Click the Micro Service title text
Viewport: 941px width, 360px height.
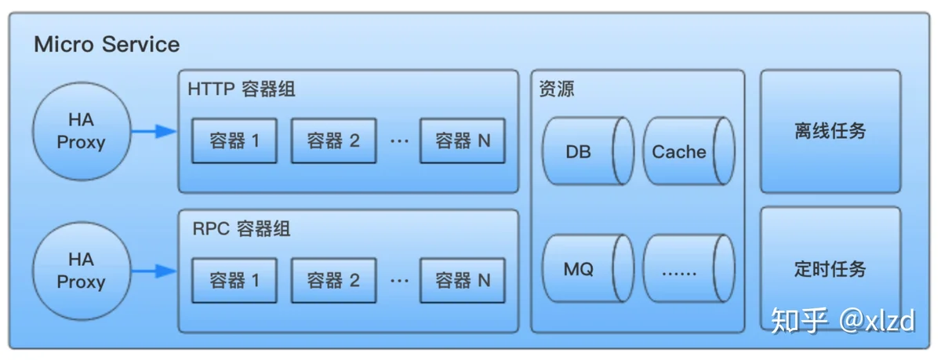coord(107,45)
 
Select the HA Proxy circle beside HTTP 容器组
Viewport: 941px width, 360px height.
coord(82,132)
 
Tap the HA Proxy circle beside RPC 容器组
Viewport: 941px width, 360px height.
coord(82,271)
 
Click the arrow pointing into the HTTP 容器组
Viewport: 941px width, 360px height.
coord(154,132)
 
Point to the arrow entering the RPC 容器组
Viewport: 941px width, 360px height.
coord(154,271)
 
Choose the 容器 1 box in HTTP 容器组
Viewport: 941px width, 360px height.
coord(234,140)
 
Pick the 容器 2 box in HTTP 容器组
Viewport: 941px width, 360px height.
coord(333,140)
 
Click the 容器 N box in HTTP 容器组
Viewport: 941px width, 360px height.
coord(463,140)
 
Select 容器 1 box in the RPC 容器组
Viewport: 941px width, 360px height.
coord(234,281)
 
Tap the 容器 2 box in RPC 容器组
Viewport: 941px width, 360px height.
coord(333,281)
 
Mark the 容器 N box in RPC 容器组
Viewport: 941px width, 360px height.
coord(463,281)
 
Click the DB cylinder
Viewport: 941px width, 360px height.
coord(588,151)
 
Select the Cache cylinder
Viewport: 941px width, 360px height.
coord(689,151)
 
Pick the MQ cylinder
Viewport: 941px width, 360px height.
coord(588,269)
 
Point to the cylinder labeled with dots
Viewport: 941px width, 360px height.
coord(689,269)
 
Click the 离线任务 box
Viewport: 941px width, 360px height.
coord(830,132)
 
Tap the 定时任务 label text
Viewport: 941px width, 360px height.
coord(830,269)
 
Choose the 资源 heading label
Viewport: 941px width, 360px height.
coord(557,89)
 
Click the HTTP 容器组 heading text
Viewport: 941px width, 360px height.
coord(242,89)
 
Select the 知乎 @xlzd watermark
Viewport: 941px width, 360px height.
coord(843,322)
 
